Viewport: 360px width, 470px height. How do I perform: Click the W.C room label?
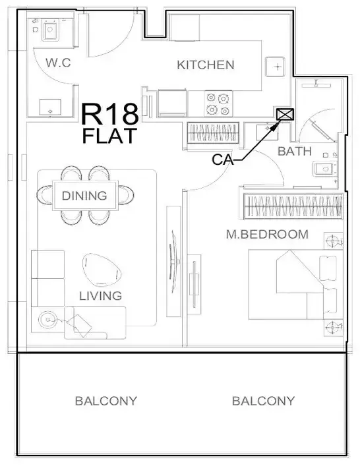[x=58, y=63]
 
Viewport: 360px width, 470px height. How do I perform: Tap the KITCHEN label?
[x=206, y=65]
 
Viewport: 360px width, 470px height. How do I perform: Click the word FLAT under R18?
[x=109, y=136]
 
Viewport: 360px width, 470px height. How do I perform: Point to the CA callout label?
[x=222, y=160]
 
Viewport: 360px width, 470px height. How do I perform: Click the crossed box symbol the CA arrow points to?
[x=285, y=114]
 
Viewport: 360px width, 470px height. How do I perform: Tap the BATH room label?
[x=295, y=152]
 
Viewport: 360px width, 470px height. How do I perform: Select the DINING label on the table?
[x=84, y=195]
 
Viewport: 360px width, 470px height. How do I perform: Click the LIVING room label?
[x=100, y=296]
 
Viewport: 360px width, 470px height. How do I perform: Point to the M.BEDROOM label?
[x=267, y=235]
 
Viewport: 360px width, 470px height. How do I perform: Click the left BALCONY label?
[x=106, y=401]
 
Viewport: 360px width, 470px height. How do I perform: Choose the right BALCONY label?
[x=264, y=401]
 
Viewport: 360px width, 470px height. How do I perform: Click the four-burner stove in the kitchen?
[x=218, y=103]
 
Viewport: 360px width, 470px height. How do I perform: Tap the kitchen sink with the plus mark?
[x=275, y=67]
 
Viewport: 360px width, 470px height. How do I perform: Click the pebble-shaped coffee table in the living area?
[x=102, y=270]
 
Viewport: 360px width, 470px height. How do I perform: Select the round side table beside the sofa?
[x=47, y=320]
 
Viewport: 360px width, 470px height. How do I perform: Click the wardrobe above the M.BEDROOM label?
[x=293, y=206]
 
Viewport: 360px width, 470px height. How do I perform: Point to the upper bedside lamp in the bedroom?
[x=333, y=241]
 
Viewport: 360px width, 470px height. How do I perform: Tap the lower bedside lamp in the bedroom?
[x=333, y=328]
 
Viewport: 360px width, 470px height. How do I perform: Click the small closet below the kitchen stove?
[x=213, y=132]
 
